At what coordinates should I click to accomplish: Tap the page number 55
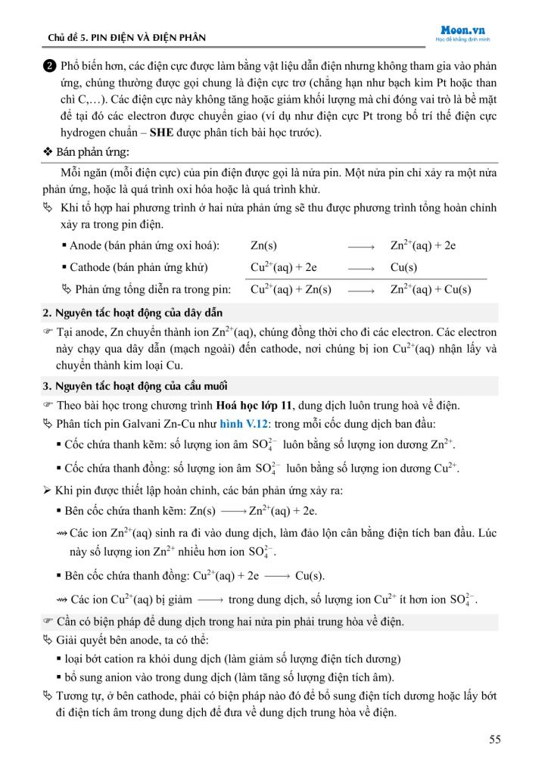click(x=494, y=739)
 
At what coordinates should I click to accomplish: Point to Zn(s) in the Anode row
click(x=263, y=245)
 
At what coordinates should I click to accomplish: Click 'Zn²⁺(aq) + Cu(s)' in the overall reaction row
click(x=430, y=289)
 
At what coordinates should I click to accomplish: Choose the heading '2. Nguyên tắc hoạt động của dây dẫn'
click(x=132, y=313)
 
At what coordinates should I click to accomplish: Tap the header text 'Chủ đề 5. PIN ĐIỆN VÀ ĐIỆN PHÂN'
click(x=126, y=37)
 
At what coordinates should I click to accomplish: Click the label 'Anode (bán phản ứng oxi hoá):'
click(x=145, y=245)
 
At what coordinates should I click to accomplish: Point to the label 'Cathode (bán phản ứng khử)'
click(x=139, y=267)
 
